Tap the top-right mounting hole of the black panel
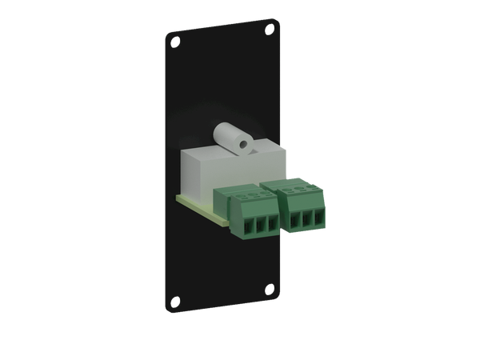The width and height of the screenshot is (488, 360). pyautogui.click(x=269, y=30)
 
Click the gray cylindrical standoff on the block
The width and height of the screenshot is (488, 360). pyautogui.click(x=232, y=138)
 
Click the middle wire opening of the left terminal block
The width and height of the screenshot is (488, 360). pyautogui.click(x=250, y=226)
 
